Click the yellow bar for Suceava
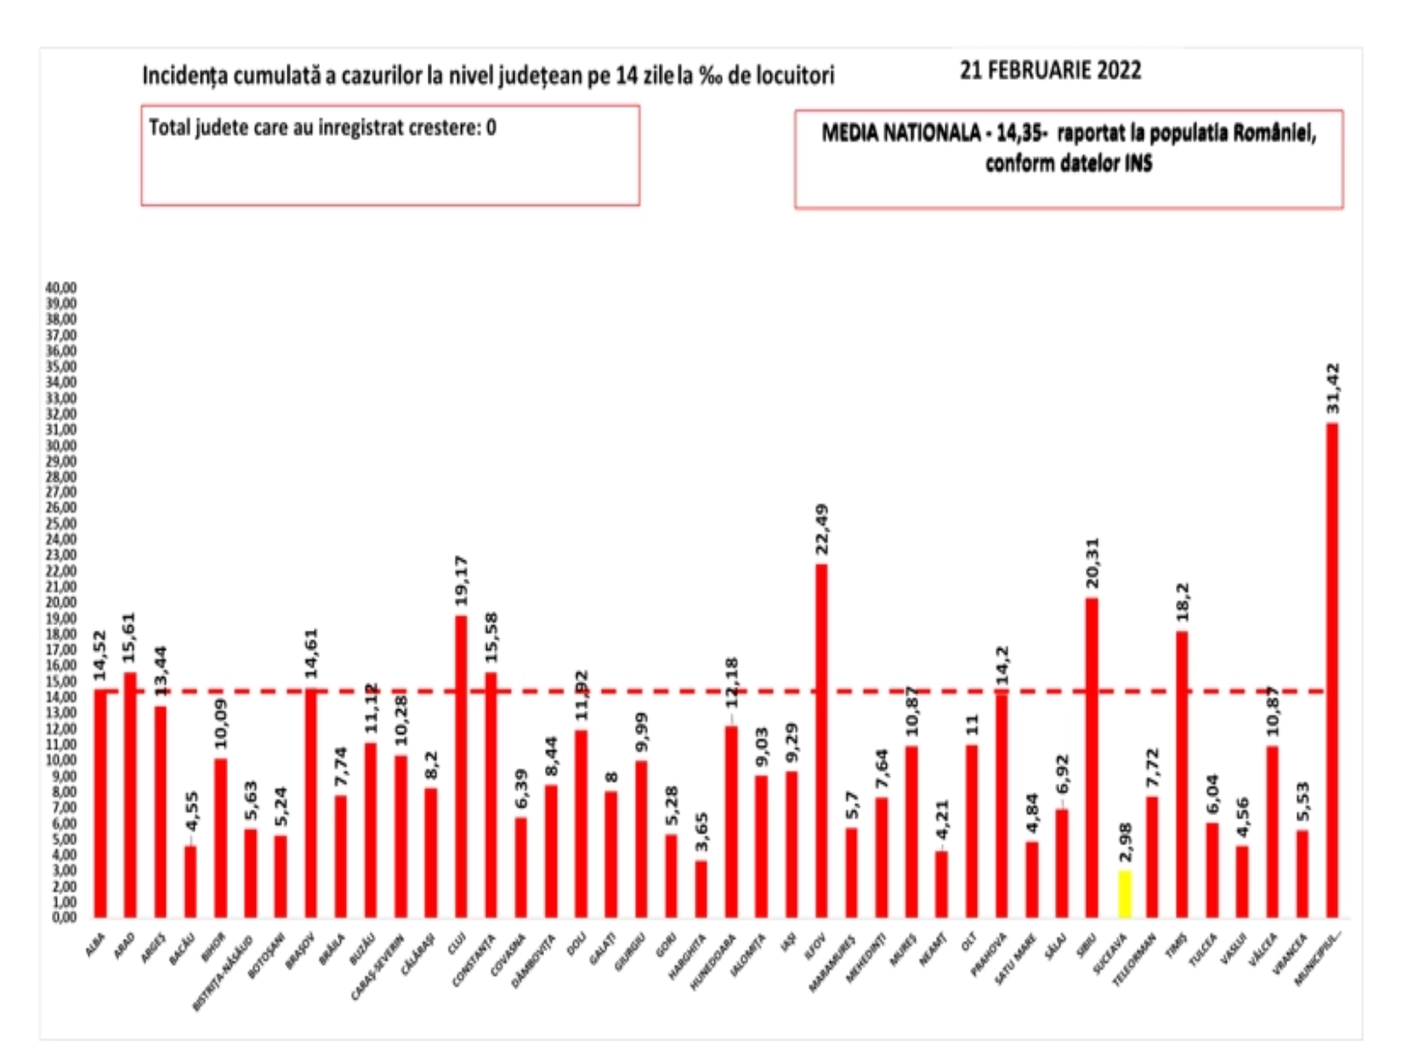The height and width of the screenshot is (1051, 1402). (x=1123, y=894)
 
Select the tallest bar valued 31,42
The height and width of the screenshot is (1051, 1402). (x=1332, y=670)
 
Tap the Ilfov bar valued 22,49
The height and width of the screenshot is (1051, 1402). (x=821, y=740)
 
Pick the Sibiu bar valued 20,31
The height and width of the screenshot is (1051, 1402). (x=1092, y=758)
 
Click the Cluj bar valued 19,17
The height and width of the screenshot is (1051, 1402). (x=461, y=766)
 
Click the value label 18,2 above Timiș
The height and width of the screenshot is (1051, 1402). (x=1181, y=603)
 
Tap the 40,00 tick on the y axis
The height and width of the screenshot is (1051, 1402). (x=62, y=287)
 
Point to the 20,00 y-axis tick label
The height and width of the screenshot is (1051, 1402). (x=62, y=603)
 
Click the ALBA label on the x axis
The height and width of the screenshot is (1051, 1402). (x=96, y=943)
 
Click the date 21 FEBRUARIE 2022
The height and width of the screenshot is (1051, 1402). (x=1050, y=70)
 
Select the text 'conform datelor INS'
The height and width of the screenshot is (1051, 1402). (x=1068, y=164)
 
